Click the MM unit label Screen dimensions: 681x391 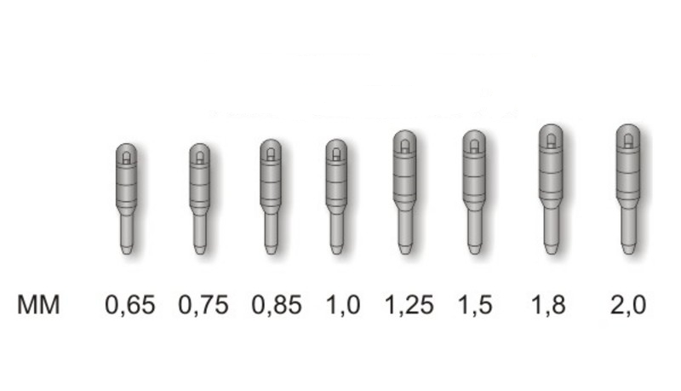tap(38, 305)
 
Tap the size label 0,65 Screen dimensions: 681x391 tap(130, 305)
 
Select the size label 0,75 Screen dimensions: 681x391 tap(203, 305)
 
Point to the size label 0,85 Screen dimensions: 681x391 tap(277, 305)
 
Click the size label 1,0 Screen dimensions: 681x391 tap(343, 305)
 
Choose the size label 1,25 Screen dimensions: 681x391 tap(409, 305)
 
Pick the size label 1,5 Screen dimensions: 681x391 tap(476, 305)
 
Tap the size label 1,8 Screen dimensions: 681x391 tap(549, 305)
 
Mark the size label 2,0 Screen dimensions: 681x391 tap(628, 305)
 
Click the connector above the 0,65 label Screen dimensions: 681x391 tap(126, 198)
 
